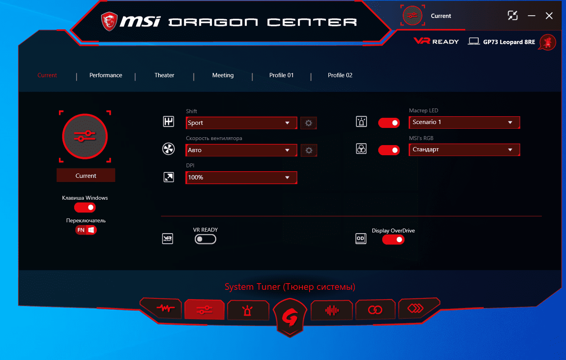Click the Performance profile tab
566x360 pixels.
click(106, 75)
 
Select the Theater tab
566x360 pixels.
click(164, 75)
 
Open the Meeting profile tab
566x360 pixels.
click(223, 75)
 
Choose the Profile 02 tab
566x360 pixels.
click(340, 75)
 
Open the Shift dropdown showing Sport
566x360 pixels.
click(241, 123)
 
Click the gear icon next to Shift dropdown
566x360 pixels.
click(308, 123)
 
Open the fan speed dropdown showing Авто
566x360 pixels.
click(241, 150)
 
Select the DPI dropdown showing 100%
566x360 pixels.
click(241, 177)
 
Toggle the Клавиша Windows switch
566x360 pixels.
click(85, 207)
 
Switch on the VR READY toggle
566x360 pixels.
click(205, 239)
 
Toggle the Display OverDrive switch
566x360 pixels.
click(393, 239)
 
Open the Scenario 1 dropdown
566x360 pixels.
click(464, 122)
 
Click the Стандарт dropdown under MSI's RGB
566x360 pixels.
click(464, 149)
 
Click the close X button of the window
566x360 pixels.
click(549, 16)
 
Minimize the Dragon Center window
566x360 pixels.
click(531, 16)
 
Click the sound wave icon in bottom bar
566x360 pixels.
click(332, 310)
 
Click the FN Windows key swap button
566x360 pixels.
click(86, 230)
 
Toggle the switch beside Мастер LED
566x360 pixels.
click(389, 123)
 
